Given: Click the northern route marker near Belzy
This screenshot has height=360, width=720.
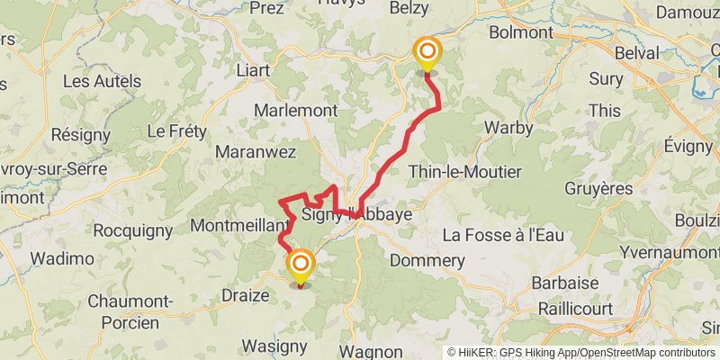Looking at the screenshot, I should [426, 53].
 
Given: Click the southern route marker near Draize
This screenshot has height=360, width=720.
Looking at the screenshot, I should [300, 265].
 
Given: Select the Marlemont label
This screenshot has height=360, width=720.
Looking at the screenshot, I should [296, 111].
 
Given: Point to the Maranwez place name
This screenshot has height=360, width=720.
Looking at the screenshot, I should [256, 152].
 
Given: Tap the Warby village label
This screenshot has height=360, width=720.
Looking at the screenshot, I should [508, 127].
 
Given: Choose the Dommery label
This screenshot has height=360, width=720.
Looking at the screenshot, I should [427, 261].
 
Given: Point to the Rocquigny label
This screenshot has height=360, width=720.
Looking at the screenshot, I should [132, 231].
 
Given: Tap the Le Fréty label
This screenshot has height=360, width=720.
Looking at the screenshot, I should [176, 131].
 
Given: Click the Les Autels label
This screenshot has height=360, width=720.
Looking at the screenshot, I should [102, 81].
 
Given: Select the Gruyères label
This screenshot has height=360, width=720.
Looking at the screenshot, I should [598, 189].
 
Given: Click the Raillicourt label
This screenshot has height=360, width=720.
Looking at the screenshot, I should [571, 309].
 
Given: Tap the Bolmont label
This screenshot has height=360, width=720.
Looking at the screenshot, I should [520, 32].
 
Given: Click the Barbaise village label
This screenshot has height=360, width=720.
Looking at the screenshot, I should [565, 282].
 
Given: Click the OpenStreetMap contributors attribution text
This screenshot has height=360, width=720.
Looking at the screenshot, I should [643, 353].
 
